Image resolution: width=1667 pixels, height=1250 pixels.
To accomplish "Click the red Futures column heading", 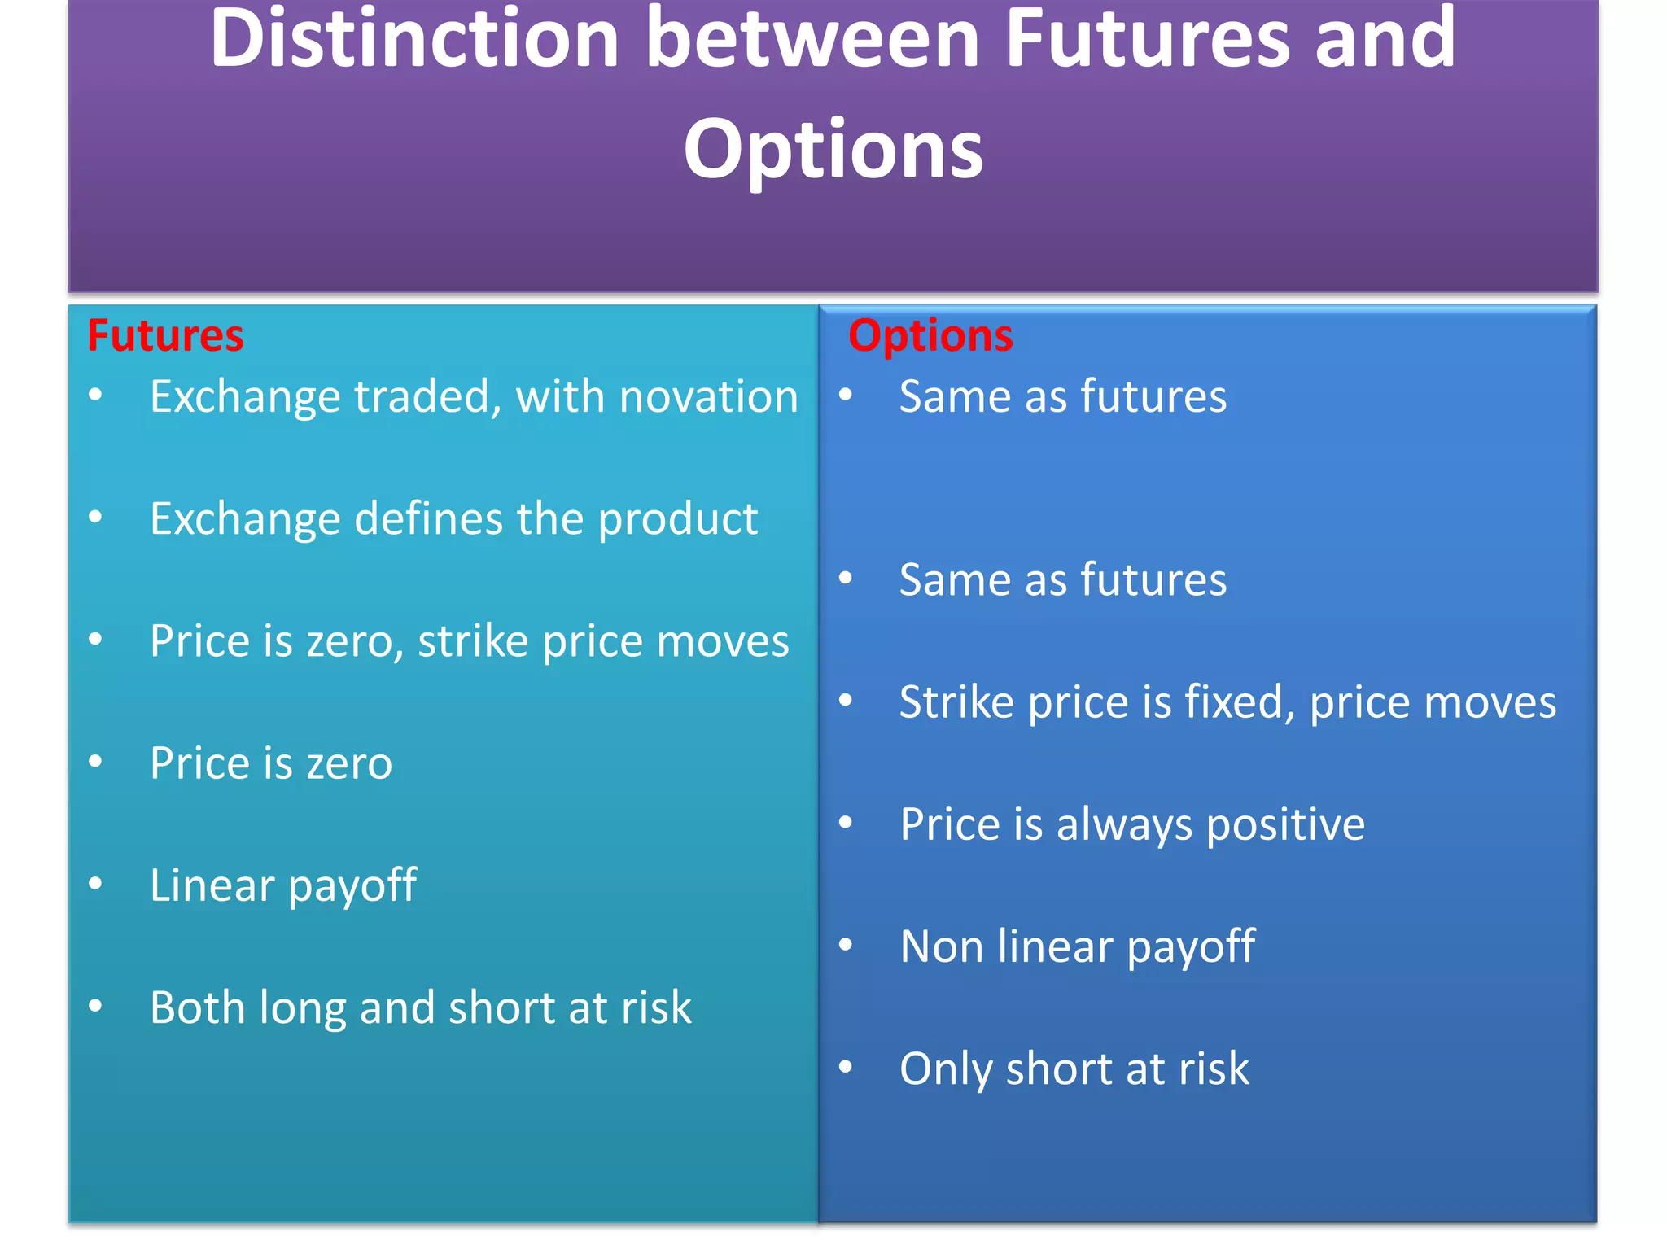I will [165, 336].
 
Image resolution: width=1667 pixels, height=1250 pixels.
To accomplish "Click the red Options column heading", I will [930, 336].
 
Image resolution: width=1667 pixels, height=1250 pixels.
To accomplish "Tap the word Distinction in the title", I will [414, 39].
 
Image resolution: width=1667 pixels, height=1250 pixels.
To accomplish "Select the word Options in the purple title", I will [833, 149].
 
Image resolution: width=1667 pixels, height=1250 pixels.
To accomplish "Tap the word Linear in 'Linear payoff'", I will [212, 885].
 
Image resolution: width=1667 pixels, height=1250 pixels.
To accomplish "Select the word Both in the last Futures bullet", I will [198, 1007].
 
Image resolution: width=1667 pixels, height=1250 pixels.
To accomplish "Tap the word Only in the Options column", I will [945, 1069].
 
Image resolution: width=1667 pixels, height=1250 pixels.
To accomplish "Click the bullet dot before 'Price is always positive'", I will [846, 823].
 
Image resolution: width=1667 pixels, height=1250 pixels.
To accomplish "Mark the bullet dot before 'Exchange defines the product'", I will [96, 518].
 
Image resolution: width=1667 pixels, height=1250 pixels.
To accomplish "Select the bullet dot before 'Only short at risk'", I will [846, 1067].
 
